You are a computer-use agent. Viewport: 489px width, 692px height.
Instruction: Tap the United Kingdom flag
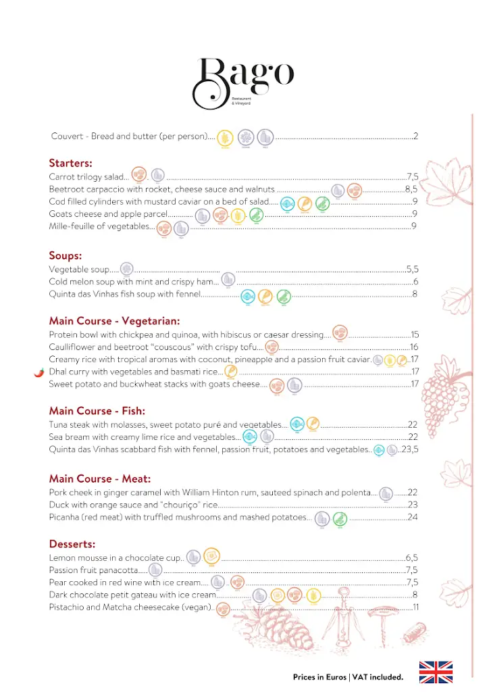tap(436, 672)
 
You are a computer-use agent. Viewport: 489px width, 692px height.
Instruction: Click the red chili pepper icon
tap(39, 372)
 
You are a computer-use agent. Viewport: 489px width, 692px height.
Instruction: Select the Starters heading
tap(70, 163)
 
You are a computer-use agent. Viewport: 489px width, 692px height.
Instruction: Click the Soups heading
tap(66, 255)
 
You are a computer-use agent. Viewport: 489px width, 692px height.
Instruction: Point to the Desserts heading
tap(72, 543)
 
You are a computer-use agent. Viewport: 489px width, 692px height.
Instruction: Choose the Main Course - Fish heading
tap(97, 410)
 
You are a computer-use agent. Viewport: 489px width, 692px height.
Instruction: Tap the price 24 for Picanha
tap(413, 518)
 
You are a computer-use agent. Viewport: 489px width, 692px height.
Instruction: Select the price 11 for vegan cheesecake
tap(415, 608)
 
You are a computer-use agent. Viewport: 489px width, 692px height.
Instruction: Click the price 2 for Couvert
tap(416, 137)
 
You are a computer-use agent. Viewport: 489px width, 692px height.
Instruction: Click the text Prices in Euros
tap(320, 676)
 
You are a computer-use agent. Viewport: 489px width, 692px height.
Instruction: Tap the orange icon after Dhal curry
tap(231, 371)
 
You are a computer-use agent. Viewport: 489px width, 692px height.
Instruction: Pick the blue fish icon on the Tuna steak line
tap(297, 424)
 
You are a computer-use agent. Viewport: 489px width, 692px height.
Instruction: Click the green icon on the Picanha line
tap(340, 518)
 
